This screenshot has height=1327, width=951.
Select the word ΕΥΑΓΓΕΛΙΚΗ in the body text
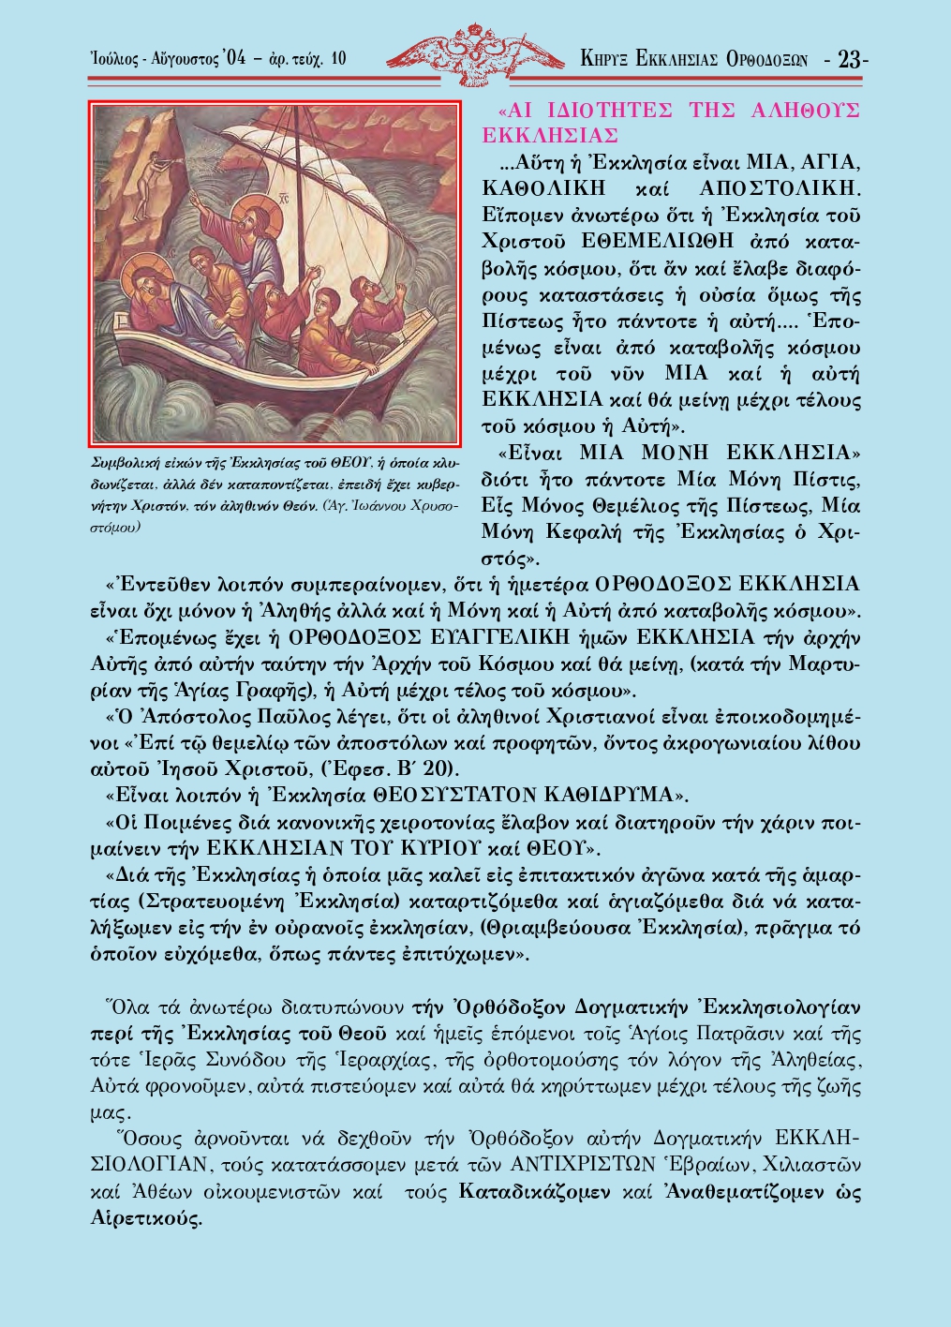point(513,638)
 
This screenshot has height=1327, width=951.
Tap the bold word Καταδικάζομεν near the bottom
point(534,1193)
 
